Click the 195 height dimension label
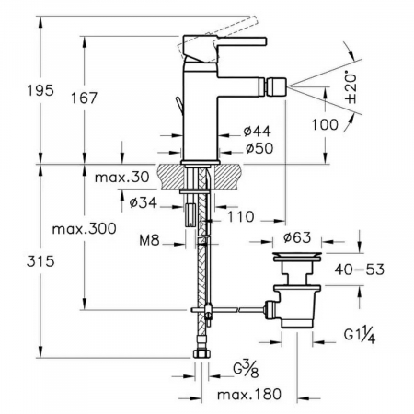(x=40, y=90)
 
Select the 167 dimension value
(x=84, y=98)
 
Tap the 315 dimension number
(x=40, y=261)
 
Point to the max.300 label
(x=85, y=229)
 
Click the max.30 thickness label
(x=122, y=177)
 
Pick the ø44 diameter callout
(x=258, y=132)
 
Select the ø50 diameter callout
(x=259, y=148)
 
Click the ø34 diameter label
(x=144, y=202)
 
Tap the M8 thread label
(x=149, y=240)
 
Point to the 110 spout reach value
(x=241, y=217)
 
